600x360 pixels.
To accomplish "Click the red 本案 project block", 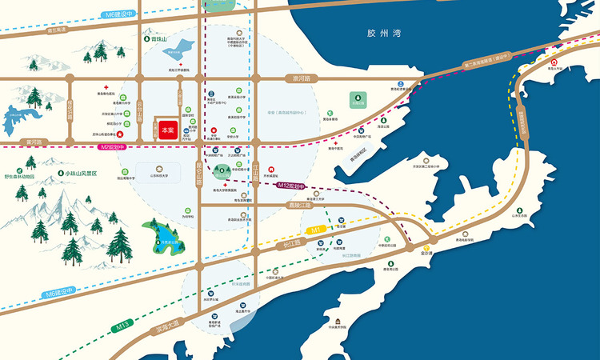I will [x=166, y=128].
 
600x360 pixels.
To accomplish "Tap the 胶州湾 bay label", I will [x=382, y=34].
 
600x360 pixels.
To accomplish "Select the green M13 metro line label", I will [x=122, y=326].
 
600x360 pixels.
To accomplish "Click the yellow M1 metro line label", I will [x=316, y=230].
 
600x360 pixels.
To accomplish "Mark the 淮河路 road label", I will [x=298, y=78].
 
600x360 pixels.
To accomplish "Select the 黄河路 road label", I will [x=34, y=142].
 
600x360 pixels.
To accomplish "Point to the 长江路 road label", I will [x=291, y=242].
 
